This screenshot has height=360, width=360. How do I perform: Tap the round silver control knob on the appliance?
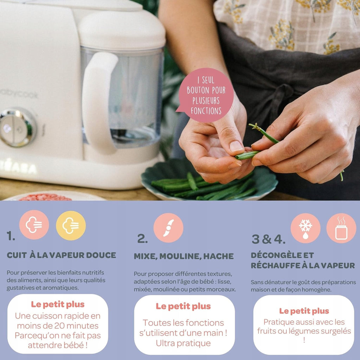coord(18,127)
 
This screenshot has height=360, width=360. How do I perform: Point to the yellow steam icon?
coord(71,225)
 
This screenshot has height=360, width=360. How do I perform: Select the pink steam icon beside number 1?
coord(34,225)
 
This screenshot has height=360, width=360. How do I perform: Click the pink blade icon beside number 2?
coord(168,228)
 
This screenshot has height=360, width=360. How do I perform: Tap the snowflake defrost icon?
coord(306,228)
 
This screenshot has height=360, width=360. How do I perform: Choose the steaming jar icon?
coord(341,228)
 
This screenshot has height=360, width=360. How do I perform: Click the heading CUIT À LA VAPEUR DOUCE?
coord(61,255)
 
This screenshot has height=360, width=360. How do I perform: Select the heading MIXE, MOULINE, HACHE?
coord(184,256)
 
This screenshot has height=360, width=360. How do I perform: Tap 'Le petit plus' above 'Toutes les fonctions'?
coord(183,306)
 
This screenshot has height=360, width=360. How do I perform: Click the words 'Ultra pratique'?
coord(183,343)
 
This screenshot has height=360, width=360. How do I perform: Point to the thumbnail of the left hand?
coord(236,146)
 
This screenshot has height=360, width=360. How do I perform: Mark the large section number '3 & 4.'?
coord(269,239)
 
